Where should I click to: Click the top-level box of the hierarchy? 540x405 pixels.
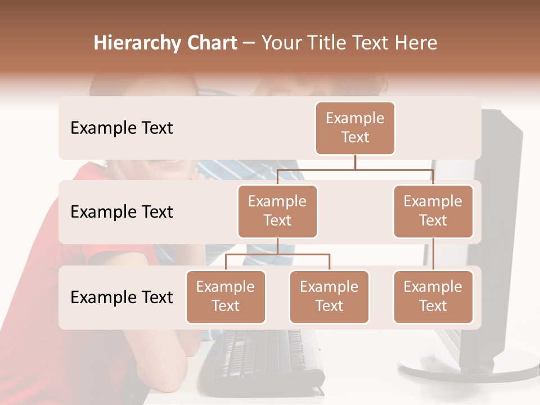tap(355, 128)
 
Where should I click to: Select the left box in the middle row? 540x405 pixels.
tap(277, 211)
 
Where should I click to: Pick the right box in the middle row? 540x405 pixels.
tap(433, 211)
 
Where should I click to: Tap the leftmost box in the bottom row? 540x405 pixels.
tap(226, 296)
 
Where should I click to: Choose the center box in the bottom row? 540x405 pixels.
tap(329, 296)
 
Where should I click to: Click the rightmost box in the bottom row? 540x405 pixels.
tap(433, 296)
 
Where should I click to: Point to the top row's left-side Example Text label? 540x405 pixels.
tap(121, 128)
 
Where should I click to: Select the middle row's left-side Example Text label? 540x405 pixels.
tap(121, 212)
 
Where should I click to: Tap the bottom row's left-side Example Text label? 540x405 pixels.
tap(121, 298)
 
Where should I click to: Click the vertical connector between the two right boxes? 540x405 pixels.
tap(433, 254)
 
